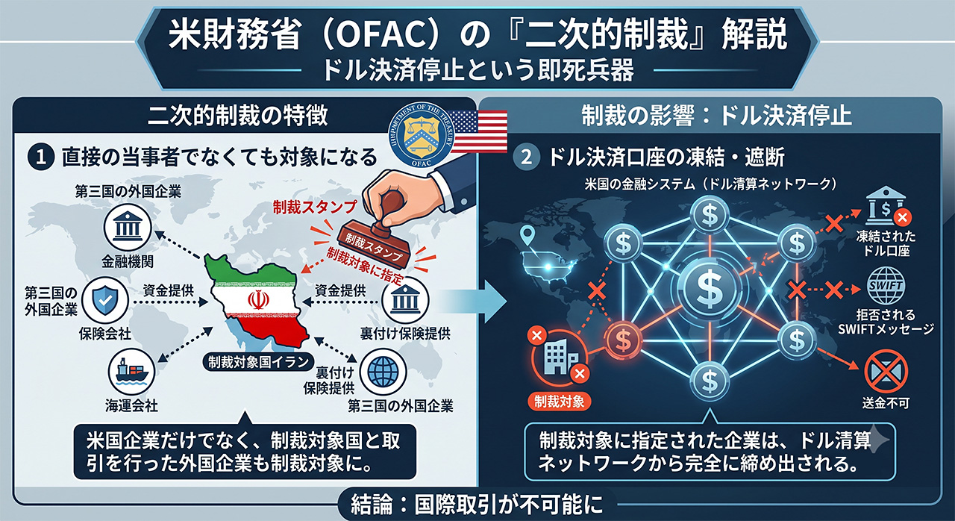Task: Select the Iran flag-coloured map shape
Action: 258,302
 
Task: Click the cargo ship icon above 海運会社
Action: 131,372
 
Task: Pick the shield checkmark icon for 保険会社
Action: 105,300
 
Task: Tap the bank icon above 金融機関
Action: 128,227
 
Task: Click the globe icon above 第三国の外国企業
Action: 383,372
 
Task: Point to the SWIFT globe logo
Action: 885,285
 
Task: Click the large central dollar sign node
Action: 709,290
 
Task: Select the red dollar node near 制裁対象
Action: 623,340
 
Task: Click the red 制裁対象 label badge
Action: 559,401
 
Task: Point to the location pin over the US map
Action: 527,235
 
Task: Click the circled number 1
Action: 41,157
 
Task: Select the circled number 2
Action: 526,157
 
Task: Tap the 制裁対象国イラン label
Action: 258,363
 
